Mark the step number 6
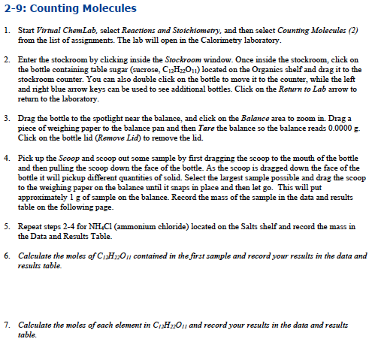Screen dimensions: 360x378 (x=7, y=256)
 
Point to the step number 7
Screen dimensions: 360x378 (x=7, y=324)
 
